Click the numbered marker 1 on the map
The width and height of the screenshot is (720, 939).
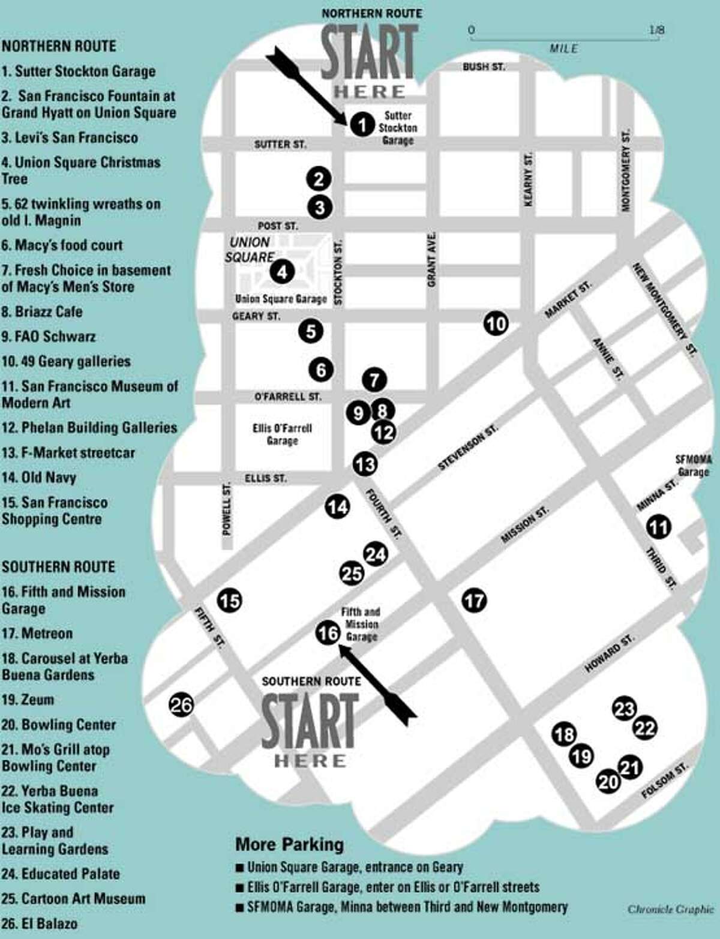pyautogui.click(x=362, y=125)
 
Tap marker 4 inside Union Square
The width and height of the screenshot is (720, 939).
pyautogui.click(x=282, y=272)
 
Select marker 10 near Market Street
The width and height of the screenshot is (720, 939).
pyautogui.click(x=496, y=324)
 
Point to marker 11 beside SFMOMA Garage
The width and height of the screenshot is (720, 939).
pyautogui.click(x=658, y=527)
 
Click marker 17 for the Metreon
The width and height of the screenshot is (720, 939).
pyautogui.click(x=474, y=600)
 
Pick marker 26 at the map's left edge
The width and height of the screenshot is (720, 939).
pyautogui.click(x=181, y=704)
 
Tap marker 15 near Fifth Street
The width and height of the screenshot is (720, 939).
pyautogui.click(x=229, y=600)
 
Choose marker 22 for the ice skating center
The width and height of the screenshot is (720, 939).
pyautogui.click(x=645, y=728)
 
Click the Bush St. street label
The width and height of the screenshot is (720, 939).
pyautogui.click(x=484, y=67)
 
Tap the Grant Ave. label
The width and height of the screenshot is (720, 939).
pyautogui.click(x=431, y=259)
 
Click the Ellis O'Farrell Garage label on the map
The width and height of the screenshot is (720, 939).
pyautogui.click(x=282, y=434)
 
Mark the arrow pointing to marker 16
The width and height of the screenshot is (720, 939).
pyautogui.click(x=378, y=683)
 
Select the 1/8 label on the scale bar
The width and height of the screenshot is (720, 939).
pyautogui.click(x=656, y=29)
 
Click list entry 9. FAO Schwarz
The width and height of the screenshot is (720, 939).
pyautogui.click(x=49, y=337)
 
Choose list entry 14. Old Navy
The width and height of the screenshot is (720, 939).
pyautogui.click(x=39, y=478)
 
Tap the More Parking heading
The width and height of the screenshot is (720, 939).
pyautogui.click(x=289, y=844)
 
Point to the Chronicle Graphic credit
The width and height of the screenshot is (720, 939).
pyautogui.click(x=670, y=909)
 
